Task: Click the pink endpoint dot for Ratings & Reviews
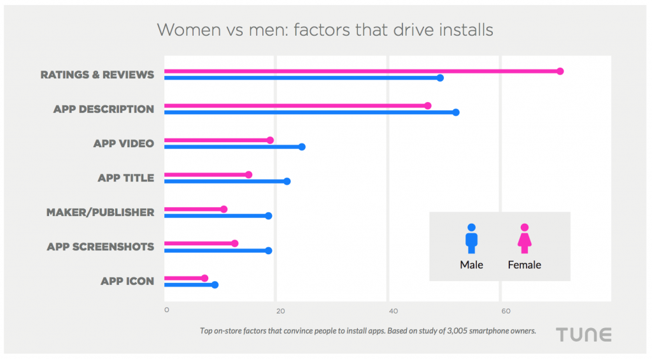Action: click(560, 71)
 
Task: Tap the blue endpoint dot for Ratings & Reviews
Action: click(440, 78)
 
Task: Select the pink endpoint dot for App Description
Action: click(427, 106)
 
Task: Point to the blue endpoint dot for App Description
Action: click(456, 112)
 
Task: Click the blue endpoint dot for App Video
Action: click(302, 147)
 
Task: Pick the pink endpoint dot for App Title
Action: click(248, 175)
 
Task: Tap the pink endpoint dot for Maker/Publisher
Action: click(223, 209)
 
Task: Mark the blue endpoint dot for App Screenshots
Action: click(268, 250)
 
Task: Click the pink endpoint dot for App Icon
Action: click(204, 278)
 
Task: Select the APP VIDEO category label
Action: click(124, 143)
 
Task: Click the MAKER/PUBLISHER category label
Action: click(100, 212)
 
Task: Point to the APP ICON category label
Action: click(127, 281)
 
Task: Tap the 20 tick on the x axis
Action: click(280, 311)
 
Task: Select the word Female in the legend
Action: click(524, 265)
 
